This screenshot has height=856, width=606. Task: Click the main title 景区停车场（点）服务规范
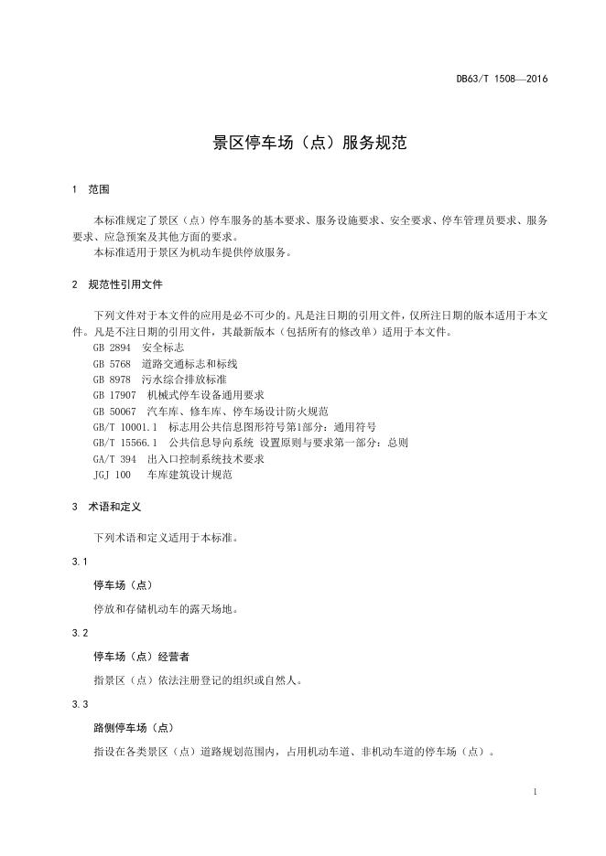[x=303, y=143]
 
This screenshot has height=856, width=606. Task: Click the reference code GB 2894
[x=112, y=348]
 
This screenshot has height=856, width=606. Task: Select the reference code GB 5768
[x=112, y=363]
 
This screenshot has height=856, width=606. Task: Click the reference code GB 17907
[x=114, y=395]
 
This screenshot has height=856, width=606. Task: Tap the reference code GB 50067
[x=114, y=411]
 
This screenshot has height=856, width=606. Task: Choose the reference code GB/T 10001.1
[x=125, y=426]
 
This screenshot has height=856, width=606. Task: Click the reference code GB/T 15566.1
[x=125, y=443]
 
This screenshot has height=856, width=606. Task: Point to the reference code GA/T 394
[x=114, y=458]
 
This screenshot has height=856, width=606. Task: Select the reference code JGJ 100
[x=112, y=475]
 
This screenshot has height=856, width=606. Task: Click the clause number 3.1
[x=80, y=561]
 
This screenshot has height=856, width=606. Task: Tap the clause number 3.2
[x=80, y=633]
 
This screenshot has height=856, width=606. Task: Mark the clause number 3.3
[x=80, y=705]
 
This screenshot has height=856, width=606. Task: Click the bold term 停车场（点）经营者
[x=142, y=657]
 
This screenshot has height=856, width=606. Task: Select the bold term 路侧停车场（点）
[x=133, y=729]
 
